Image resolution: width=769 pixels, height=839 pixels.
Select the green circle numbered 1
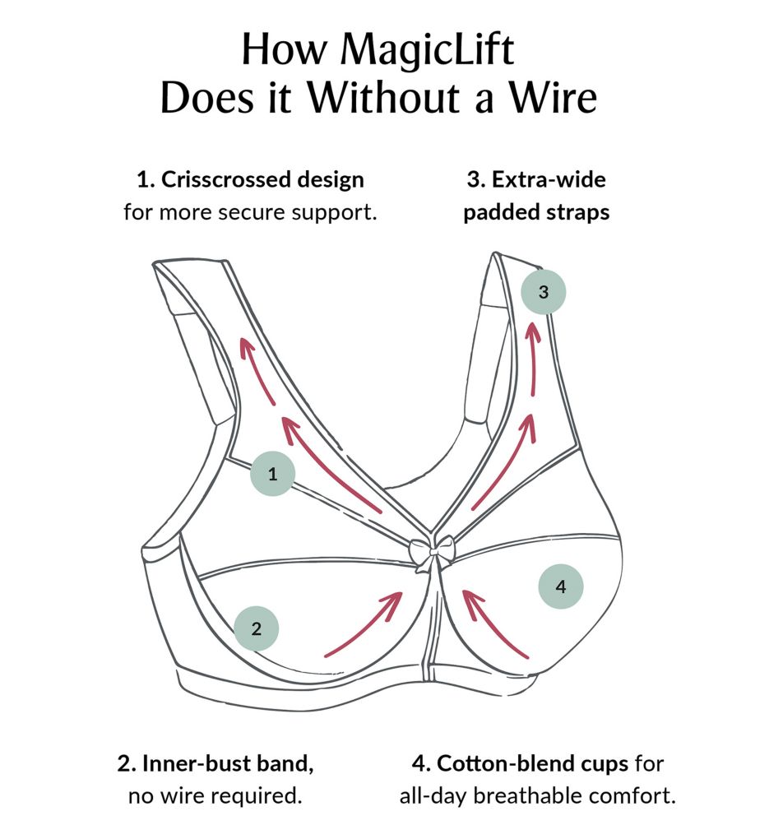(271, 474)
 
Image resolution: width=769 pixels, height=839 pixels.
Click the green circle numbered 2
(257, 629)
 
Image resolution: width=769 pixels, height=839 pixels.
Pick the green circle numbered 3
(543, 291)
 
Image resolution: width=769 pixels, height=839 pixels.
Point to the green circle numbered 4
(561, 586)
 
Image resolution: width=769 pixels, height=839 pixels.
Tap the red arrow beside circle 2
(364, 624)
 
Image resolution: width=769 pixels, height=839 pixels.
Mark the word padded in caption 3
(497, 212)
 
